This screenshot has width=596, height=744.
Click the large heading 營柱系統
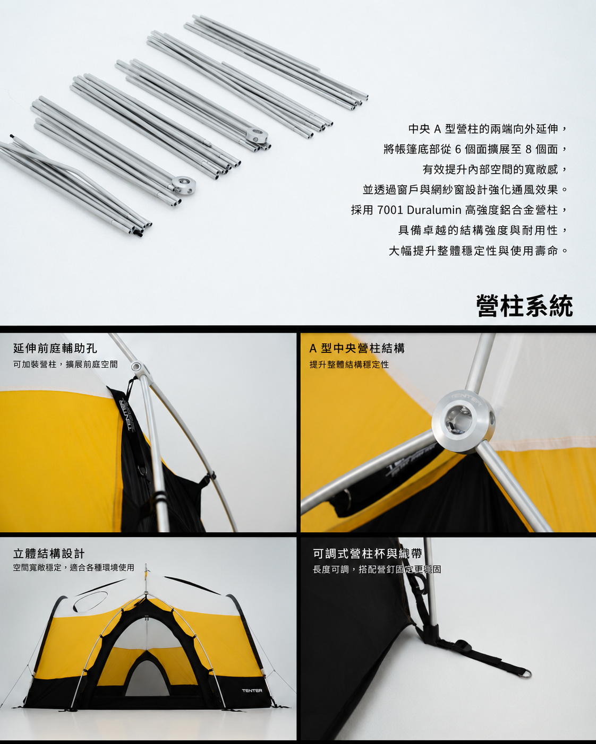click(x=524, y=306)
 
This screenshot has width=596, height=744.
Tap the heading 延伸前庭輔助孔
click(x=55, y=348)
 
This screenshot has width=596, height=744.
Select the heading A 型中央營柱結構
click(x=357, y=348)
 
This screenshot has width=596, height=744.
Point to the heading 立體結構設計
click(x=49, y=553)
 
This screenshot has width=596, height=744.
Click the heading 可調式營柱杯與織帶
click(x=367, y=553)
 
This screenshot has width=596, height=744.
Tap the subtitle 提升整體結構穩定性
click(x=349, y=365)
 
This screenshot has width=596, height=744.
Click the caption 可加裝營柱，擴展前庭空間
click(x=65, y=365)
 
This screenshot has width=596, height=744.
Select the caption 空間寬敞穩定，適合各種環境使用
click(x=73, y=567)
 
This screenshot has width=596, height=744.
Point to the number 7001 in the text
click(x=390, y=210)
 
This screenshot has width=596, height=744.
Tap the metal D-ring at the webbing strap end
click(x=526, y=673)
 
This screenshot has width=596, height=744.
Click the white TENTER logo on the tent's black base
click(x=252, y=690)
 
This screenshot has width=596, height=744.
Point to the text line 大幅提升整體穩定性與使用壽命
click(x=478, y=250)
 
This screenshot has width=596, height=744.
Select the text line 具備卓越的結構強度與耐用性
click(x=483, y=230)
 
